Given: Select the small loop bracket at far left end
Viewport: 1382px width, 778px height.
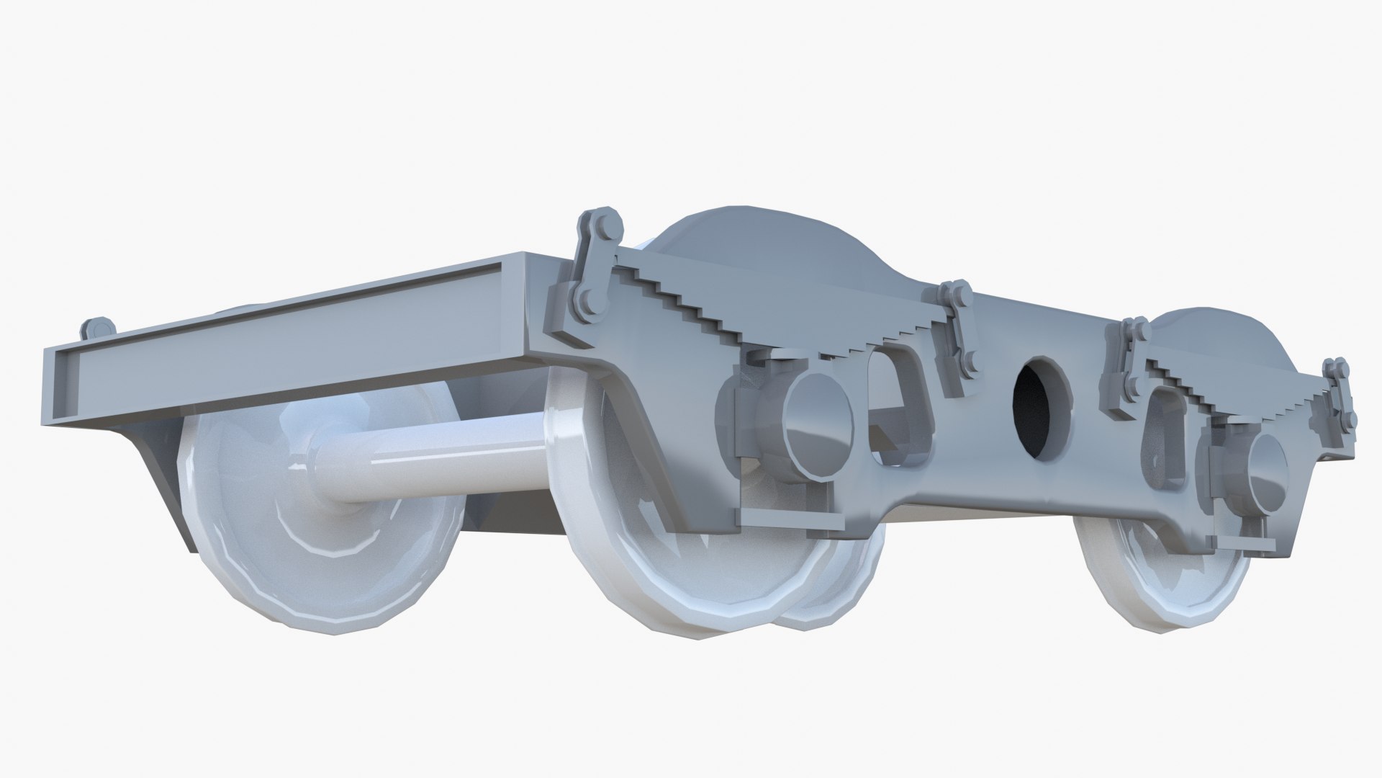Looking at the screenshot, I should (97, 330).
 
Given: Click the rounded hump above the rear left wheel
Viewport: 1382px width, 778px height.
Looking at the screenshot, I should (763, 252).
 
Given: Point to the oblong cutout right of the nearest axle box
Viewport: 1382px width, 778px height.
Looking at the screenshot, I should (893, 411).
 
